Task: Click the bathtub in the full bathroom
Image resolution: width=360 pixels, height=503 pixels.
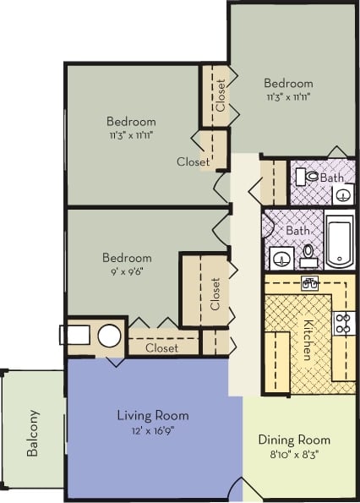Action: pyautogui.click(x=338, y=240)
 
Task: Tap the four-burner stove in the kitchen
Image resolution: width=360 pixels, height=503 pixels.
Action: pyautogui.click(x=343, y=322)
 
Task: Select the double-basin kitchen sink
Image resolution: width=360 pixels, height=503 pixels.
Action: pyautogui.click(x=309, y=283)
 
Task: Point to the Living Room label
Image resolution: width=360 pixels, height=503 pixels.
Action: pyautogui.click(x=152, y=415)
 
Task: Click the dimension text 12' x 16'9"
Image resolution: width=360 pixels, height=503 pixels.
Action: pyautogui.click(x=152, y=430)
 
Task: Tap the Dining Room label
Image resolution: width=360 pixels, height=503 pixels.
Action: pyautogui.click(x=294, y=440)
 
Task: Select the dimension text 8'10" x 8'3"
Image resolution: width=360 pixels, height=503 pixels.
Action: pyautogui.click(x=294, y=455)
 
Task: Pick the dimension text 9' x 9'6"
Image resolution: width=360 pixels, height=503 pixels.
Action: pyautogui.click(x=127, y=273)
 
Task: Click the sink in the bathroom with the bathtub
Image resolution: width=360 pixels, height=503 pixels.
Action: pyautogui.click(x=281, y=254)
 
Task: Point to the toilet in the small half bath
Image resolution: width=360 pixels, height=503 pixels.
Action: pyautogui.click(x=312, y=178)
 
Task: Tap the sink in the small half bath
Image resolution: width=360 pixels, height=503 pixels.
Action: pyautogui.click(x=342, y=194)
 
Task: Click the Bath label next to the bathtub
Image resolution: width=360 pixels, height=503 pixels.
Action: pyautogui.click(x=297, y=229)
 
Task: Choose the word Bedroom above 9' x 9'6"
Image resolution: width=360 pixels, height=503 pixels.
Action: pyautogui.click(x=127, y=258)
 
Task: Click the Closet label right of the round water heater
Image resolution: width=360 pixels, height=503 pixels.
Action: pyautogui.click(x=161, y=347)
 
